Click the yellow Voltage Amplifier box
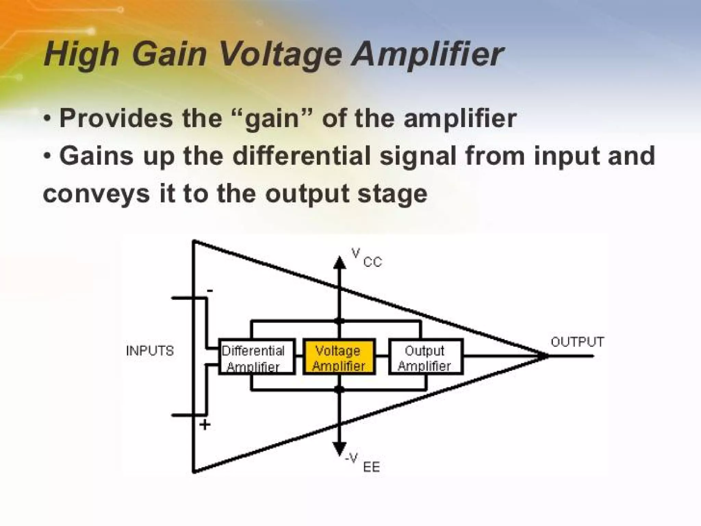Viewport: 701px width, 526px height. pos(339,357)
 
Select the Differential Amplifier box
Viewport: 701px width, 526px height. pos(256,357)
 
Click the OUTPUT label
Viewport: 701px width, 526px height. pos(577,342)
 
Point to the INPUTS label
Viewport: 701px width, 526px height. pos(150,351)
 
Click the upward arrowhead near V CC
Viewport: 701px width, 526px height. pos(340,263)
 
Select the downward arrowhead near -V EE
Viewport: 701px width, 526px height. pos(340,448)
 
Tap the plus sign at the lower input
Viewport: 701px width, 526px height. pos(205,425)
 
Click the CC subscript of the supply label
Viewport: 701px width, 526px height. pos(372,263)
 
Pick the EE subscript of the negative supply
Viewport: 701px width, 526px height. pos(371,467)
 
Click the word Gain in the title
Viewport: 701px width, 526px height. pos(169,55)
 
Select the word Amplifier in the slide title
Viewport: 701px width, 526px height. pos(428,55)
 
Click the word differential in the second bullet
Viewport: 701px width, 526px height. pos(301,156)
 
